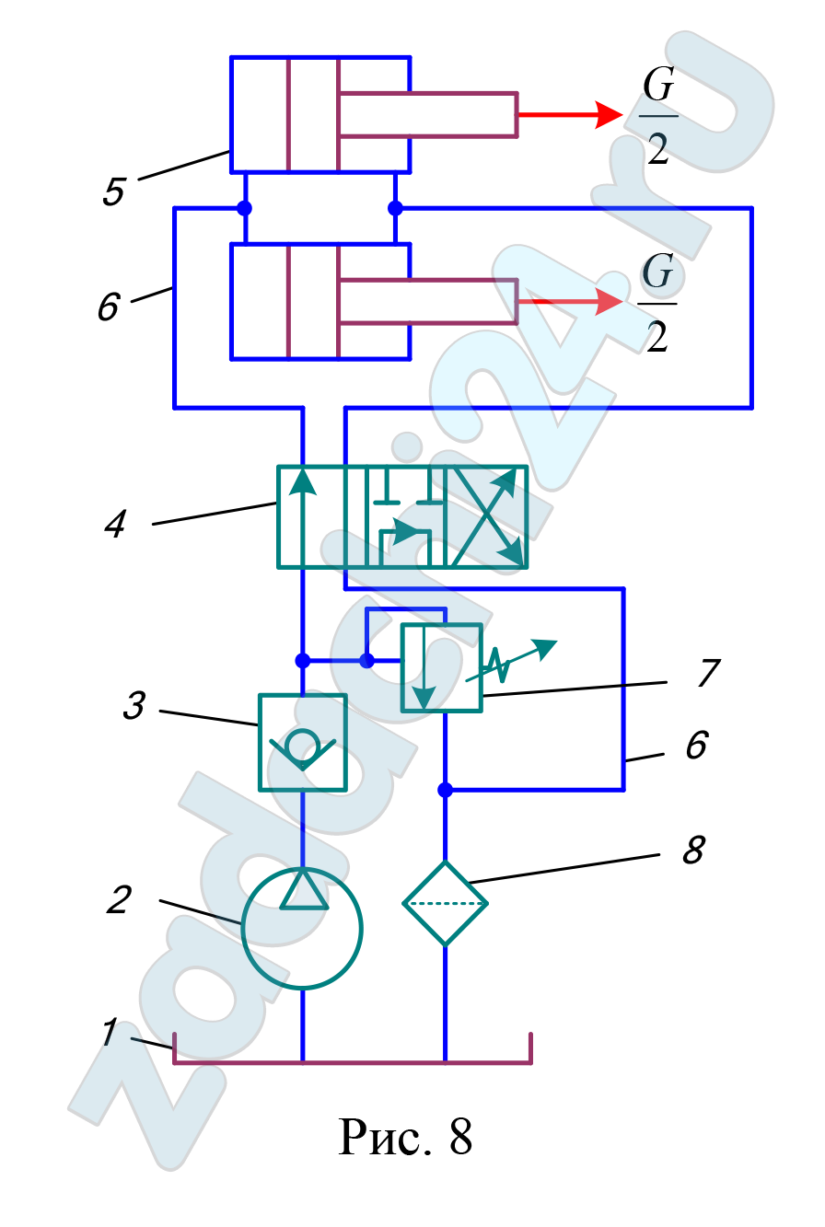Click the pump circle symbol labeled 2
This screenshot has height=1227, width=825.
click(x=241, y=929)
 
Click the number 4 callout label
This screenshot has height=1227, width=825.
click(x=115, y=524)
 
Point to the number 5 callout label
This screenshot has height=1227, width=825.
click(x=113, y=191)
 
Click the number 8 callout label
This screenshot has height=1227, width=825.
click(x=693, y=850)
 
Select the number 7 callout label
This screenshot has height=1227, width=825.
click(x=709, y=672)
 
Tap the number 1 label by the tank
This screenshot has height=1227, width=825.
click(x=109, y=1032)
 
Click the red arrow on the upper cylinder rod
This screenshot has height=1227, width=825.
click(x=570, y=115)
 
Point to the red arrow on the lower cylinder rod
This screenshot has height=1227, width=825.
click(x=570, y=301)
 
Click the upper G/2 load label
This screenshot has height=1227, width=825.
click(x=658, y=116)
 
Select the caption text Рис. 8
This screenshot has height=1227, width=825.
click(x=405, y=1137)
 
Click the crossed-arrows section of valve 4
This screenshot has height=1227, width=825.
click(x=487, y=516)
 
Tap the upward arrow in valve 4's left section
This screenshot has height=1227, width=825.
click(x=302, y=516)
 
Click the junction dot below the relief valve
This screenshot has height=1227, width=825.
click(x=445, y=790)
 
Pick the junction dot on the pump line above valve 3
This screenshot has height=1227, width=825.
click(x=302, y=661)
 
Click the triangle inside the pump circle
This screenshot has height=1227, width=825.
click(x=304, y=889)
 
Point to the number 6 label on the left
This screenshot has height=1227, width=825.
click(x=109, y=306)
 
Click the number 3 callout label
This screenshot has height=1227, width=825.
click(x=134, y=704)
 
